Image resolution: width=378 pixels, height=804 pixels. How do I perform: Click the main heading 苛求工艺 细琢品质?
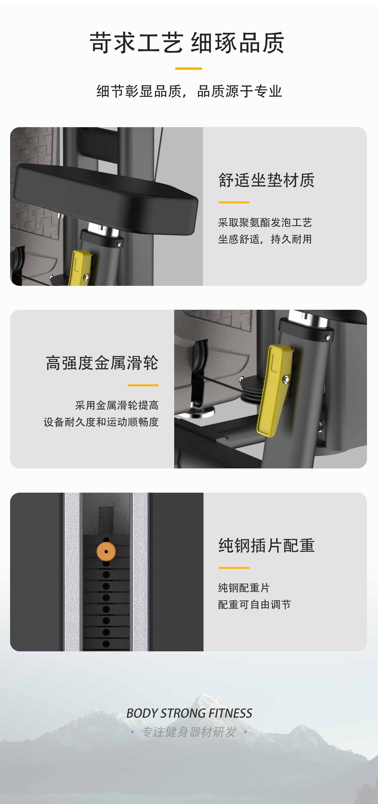click(187, 42)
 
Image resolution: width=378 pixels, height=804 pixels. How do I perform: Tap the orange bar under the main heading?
click(189, 68)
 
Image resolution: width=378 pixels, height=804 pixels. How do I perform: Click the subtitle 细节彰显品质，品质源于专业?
click(189, 92)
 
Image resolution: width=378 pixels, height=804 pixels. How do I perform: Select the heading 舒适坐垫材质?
click(266, 180)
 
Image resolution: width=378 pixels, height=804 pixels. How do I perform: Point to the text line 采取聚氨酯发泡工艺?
click(265, 223)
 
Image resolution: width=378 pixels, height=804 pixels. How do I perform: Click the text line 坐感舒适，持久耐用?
click(265, 239)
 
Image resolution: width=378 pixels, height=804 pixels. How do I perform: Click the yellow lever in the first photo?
click(79, 267)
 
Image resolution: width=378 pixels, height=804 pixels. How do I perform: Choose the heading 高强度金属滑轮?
click(102, 363)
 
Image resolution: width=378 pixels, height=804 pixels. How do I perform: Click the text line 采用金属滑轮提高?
click(117, 405)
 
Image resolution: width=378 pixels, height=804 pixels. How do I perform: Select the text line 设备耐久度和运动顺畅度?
click(101, 422)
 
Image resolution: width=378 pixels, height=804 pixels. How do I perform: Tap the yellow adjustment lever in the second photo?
click(274, 390)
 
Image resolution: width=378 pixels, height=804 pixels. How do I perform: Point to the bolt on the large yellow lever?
click(286, 380)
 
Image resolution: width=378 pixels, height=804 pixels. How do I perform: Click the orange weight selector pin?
click(106, 552)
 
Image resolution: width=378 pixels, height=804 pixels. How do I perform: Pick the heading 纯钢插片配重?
click(266, 545)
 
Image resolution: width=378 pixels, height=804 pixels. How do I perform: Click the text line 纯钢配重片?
click(244, 588)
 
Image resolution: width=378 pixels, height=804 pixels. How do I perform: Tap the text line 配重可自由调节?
click(255, 604)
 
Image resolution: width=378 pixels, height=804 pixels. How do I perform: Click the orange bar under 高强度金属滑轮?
click(143, 385)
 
